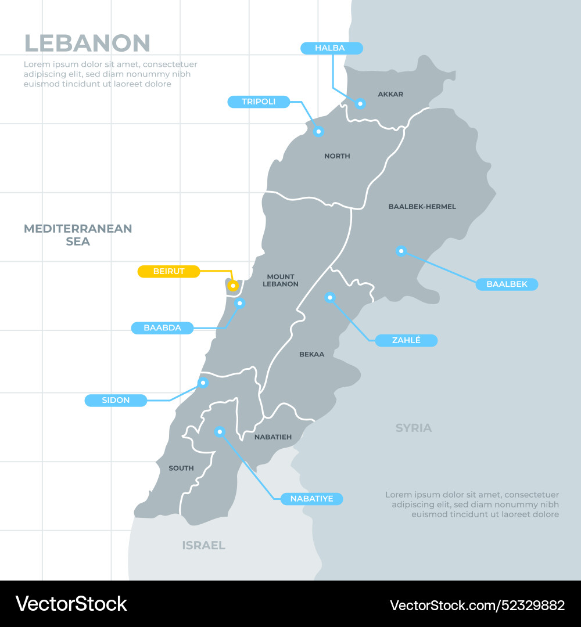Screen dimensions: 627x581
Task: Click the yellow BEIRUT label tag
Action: coord(168,271)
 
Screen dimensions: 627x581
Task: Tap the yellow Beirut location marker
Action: coord(232,286)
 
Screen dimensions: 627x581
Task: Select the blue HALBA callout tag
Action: coord(331,48)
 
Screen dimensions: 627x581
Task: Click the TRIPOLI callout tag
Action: coord(258,102)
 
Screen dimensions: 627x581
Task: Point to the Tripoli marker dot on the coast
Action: coord(318,132)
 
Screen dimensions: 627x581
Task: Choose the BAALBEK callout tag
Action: coord(507,284)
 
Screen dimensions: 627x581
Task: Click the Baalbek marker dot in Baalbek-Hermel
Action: coord(401,251)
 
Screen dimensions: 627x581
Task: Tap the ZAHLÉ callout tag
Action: coord(406,341)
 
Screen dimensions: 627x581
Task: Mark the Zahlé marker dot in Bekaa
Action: coord(330,298)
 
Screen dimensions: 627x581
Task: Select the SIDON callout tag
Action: coord(116,401)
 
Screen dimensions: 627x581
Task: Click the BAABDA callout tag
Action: coord(162,328)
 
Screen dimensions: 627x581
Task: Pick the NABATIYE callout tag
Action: coord(311,499)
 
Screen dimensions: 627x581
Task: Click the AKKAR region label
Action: coord(390,94)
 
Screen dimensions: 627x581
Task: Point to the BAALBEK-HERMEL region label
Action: coord(422,207)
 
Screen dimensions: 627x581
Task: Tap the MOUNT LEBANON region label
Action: coord(281,280)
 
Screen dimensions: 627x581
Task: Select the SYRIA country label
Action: coord(414,428)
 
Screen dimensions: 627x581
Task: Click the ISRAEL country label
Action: coord(203,545)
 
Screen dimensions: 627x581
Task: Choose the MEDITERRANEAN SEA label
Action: coord(78,235)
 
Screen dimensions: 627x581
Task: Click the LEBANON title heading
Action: coord(87,44)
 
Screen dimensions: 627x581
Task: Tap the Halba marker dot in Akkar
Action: coord(360,104)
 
